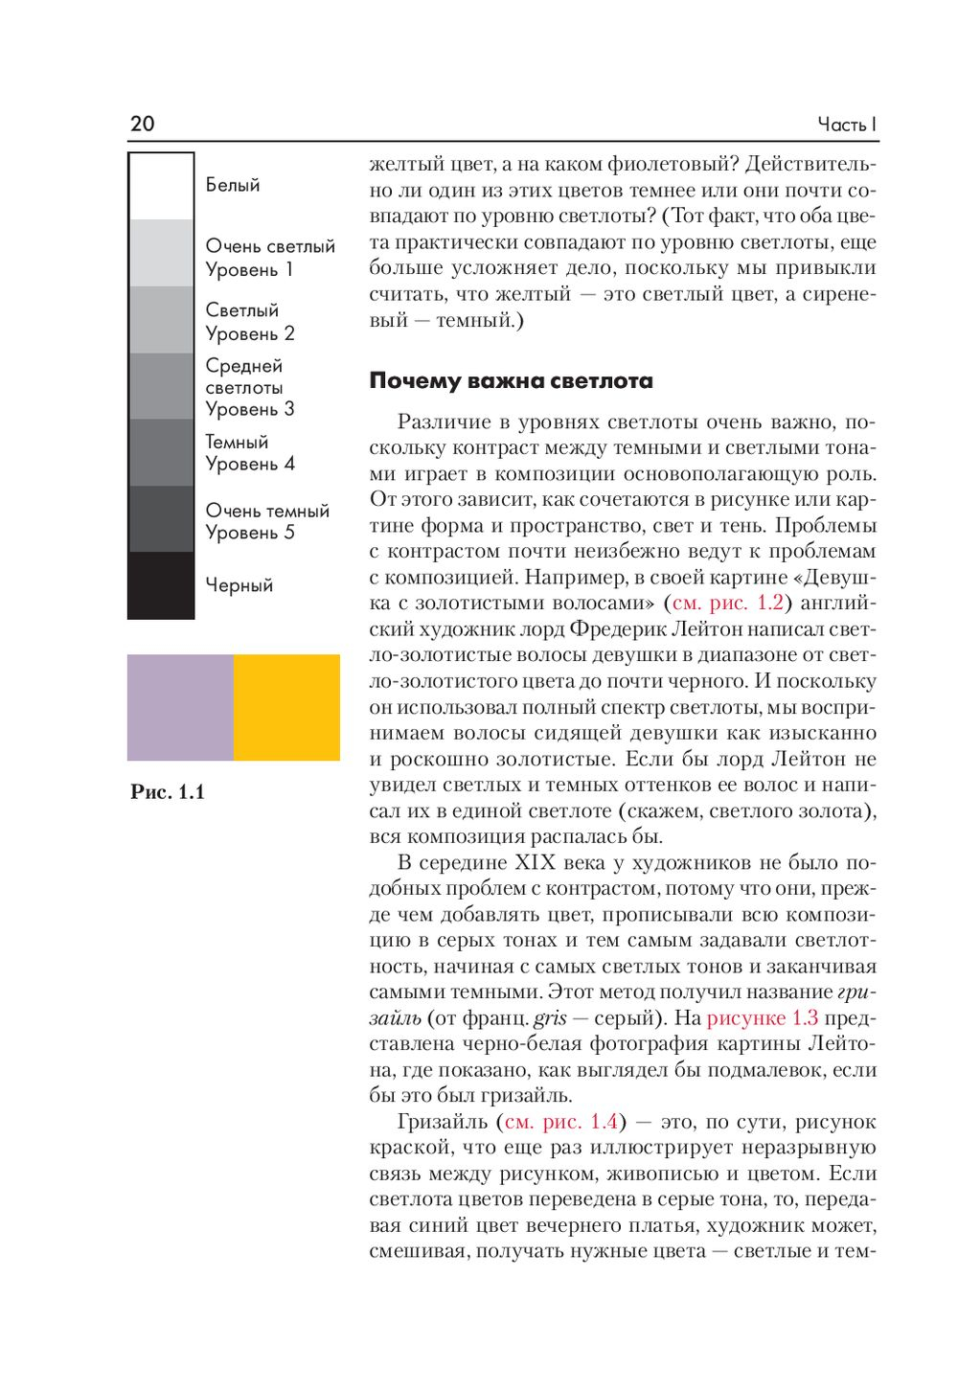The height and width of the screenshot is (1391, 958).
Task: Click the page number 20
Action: click(142, 124)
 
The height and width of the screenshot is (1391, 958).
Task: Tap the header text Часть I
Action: click(847, 125)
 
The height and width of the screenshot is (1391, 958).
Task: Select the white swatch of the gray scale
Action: click(162, 187)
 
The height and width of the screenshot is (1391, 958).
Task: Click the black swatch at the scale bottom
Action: click(162, 584)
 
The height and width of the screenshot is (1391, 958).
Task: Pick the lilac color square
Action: click(180, 707)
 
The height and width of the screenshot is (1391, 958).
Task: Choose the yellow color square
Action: click(286, 707)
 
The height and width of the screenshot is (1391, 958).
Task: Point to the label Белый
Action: click(233, 185)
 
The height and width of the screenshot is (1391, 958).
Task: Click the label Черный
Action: click(239, 585)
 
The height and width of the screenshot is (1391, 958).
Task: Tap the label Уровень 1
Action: click(249, 270)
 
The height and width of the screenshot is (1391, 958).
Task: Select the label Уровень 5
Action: click(250, 533)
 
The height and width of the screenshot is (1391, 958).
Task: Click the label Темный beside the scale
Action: click(237, 442)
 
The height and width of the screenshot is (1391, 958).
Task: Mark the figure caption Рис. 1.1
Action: click(168, 792)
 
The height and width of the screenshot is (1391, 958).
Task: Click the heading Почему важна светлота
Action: click(511, 381)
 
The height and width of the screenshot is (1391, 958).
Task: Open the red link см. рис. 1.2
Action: click(728, 604)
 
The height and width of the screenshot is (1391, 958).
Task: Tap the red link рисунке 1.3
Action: click(763, 1018)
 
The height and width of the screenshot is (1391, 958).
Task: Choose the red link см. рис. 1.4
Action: click(561, 1122)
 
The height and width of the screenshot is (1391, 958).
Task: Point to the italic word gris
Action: click(551, 1018)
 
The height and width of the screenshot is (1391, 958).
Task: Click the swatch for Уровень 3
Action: click(162, 386)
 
